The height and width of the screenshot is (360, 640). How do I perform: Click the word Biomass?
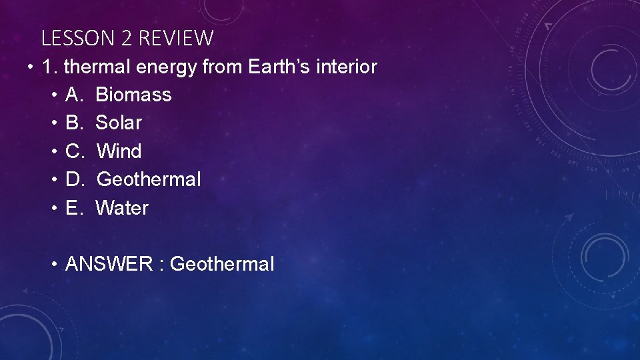point(133,95)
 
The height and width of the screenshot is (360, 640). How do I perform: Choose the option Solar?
point(119,123)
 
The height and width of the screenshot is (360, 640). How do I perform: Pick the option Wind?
point(119,151)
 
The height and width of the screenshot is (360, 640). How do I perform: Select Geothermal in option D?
point(149,179)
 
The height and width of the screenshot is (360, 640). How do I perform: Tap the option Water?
point(122,208)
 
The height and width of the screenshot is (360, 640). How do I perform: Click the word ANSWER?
point(109,265)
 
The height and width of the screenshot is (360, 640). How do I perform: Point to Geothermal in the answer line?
point(222,265)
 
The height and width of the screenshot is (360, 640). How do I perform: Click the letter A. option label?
point(74,95)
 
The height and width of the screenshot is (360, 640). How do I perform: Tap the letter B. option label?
point(74,123)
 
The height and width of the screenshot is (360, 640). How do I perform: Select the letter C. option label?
point(75,151)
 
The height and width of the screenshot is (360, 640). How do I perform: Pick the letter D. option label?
point(75,179)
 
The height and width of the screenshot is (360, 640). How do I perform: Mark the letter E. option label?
point(74,208)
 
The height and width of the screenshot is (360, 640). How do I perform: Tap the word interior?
point(347,67)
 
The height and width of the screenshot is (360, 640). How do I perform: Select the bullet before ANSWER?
point(55,265)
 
